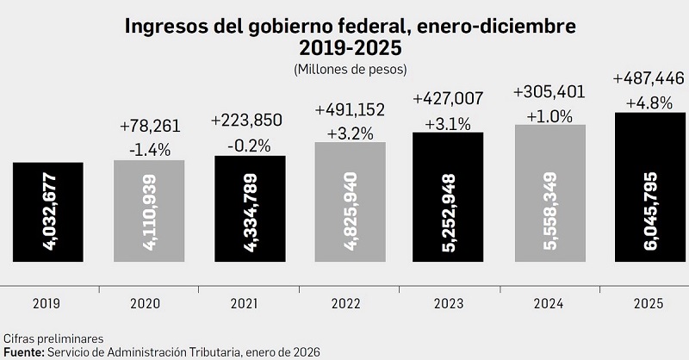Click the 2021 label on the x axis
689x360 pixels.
pos(246,303)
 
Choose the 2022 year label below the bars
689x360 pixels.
pos(346,303)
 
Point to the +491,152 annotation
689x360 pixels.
pos(350,111)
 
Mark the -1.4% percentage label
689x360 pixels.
pos(150,150)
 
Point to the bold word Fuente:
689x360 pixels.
pos(25,353)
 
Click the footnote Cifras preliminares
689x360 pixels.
pos(53,338)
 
